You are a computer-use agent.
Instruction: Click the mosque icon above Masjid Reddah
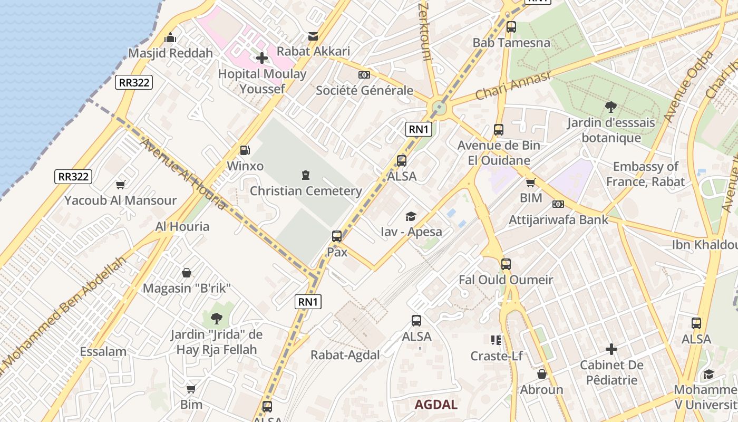pos(170,38)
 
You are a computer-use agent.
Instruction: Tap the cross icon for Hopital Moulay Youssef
pos(262,58)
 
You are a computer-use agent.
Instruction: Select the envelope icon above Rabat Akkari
pos(313,36)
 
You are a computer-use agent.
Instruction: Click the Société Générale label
pos(364,90)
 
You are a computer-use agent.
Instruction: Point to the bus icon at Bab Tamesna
pos(511,27)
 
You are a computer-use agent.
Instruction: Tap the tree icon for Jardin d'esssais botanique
pos(611,108)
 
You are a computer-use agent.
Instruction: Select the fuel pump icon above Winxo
pos(245,150)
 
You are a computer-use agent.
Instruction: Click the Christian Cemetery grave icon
pos(305,175)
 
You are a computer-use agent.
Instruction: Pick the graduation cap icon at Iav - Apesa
pos(411,216)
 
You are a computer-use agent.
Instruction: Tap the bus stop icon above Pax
pos(337,236)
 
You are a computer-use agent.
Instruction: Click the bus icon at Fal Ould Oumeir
pos(506,264)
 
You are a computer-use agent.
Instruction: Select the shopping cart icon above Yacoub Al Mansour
pos(121,185)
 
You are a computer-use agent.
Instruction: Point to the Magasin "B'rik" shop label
pos(187,289)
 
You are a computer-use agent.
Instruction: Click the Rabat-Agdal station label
pos(345,355)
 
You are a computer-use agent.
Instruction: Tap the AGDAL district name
pos(436,405)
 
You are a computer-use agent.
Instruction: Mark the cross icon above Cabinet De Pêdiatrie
pos(611,349)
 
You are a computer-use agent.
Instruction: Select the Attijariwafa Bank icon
pos(558,204)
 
